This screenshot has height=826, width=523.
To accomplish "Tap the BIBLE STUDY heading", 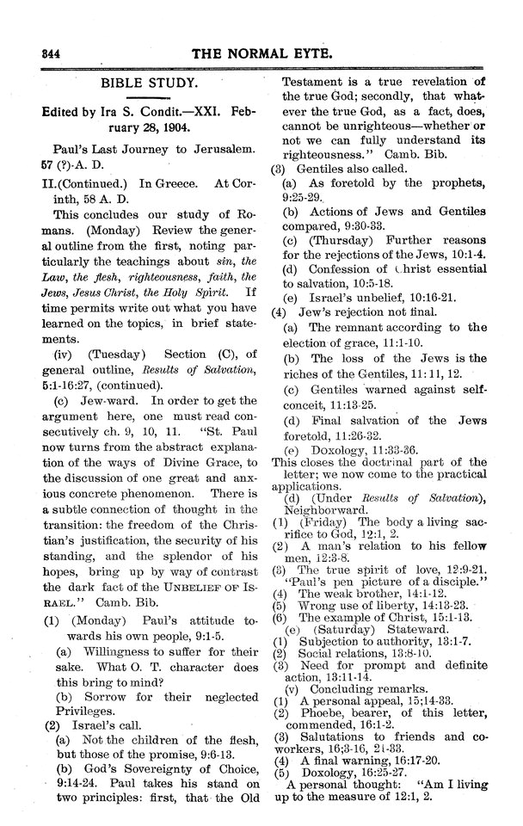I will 150,85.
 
